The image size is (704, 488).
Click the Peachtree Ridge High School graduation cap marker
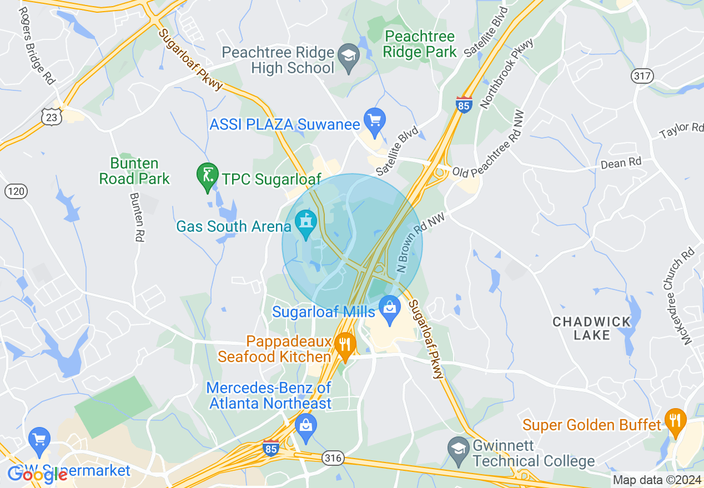[349, 56]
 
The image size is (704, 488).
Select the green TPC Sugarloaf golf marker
[208, 175]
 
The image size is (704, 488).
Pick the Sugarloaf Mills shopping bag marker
[390, 308]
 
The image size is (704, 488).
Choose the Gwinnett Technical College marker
[459, 449]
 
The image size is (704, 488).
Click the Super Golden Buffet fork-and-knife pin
[675, 421]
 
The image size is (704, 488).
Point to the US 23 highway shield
[51, 116]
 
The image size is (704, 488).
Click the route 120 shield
[16, 192]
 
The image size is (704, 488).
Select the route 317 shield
[642, 75]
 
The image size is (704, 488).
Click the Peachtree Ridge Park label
[420, 44]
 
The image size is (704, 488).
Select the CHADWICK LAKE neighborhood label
[592, 328]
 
